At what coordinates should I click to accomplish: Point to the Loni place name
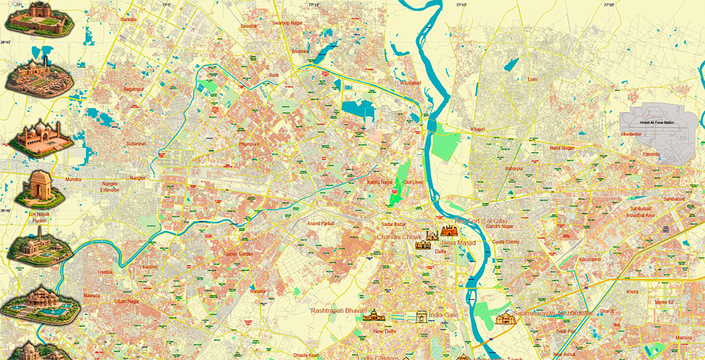click(532, 80)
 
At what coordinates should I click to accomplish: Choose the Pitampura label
click(250, 144)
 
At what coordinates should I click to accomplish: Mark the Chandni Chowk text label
click(398, 237)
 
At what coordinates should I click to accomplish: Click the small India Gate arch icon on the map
click(422, 316)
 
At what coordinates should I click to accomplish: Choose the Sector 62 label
click(663, 302)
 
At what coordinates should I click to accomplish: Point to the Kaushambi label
click(589, 259)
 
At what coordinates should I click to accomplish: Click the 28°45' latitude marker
click(6, 43)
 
